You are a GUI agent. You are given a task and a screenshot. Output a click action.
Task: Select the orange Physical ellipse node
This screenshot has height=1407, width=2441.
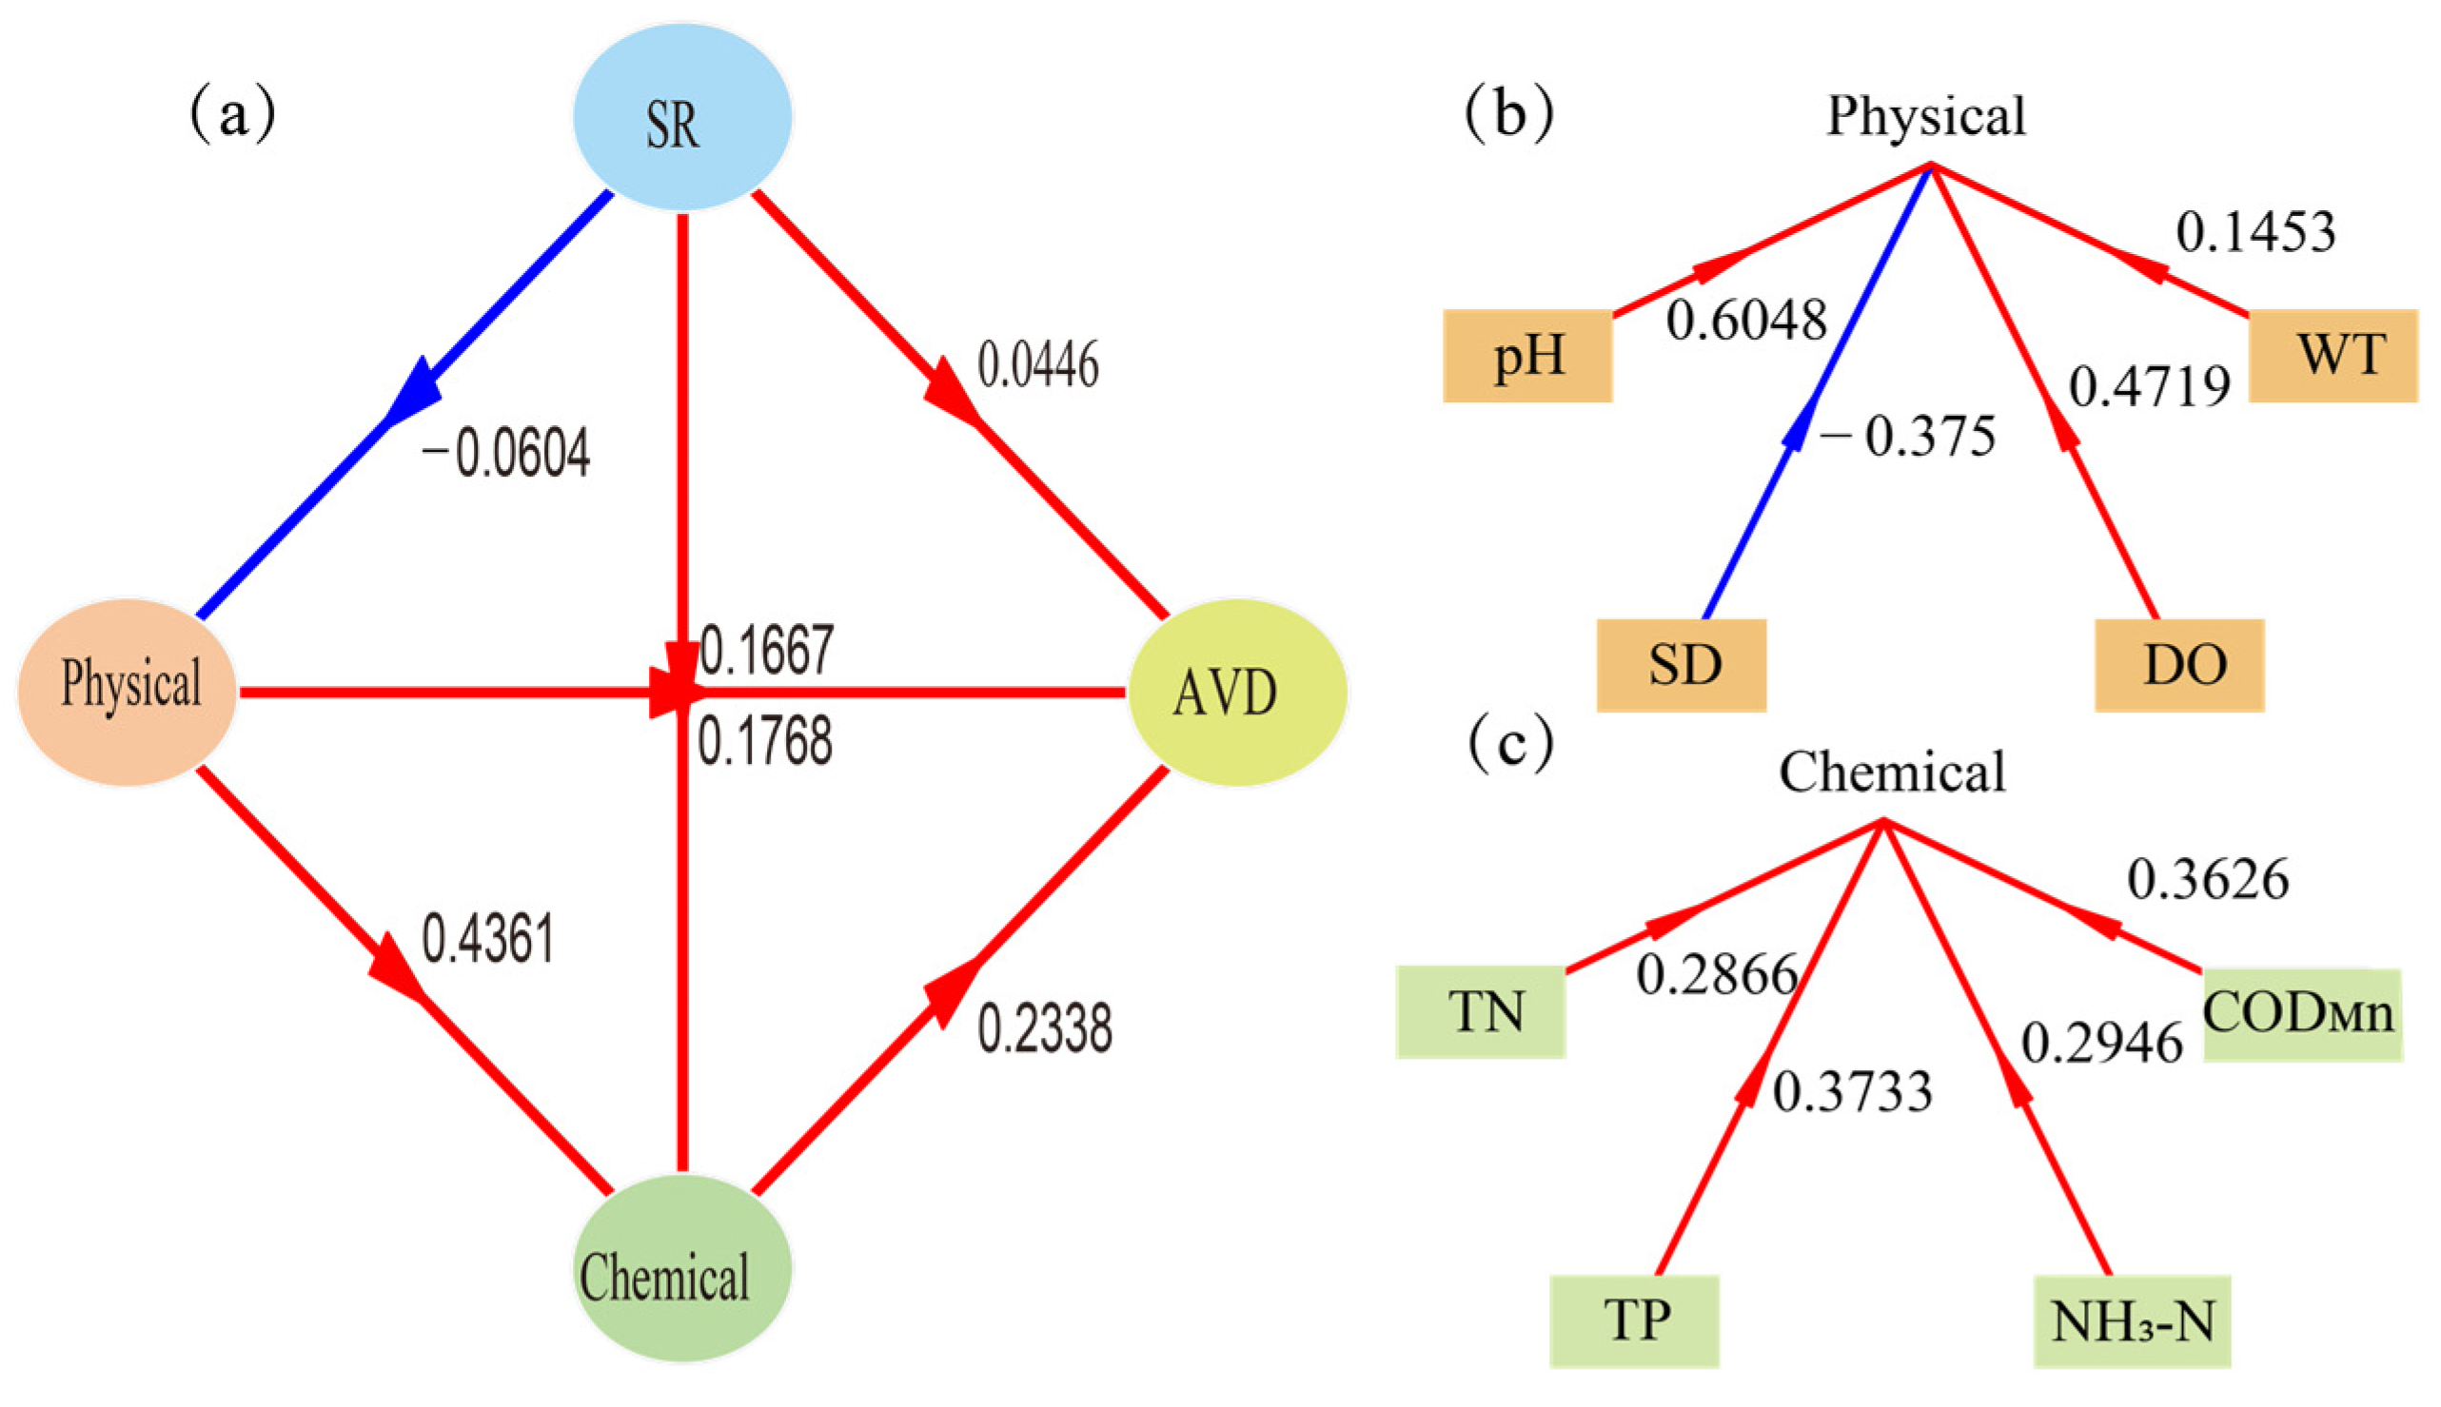(x=128, y=690)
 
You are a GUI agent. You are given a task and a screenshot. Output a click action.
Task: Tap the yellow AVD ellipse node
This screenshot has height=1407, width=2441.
(x=1236, y=692)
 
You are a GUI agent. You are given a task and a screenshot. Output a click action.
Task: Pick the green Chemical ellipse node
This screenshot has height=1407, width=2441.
(x=681, y=1268)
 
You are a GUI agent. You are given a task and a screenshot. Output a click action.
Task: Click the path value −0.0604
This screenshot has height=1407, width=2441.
(x=504, y=454)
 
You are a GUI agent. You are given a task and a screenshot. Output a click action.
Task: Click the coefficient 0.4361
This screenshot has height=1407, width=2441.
(x=488, y=939)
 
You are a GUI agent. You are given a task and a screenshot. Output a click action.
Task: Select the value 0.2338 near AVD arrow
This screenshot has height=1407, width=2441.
(x=1044, y=1028)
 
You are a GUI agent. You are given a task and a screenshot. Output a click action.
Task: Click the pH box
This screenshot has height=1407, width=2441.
(x=1527, y=356)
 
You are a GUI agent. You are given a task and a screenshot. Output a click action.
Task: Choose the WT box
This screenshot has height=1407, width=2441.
(x=2332, y=356)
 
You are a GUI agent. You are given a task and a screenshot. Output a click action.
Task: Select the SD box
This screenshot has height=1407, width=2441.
(x=1682, y=665)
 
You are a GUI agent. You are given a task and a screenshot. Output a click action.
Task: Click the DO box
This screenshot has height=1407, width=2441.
(x=2179, y=665)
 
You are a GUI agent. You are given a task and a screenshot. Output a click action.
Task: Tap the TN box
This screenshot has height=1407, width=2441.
(x=1480, y=1013)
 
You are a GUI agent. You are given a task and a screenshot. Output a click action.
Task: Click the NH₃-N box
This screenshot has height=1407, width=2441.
(x=2131, y=1322)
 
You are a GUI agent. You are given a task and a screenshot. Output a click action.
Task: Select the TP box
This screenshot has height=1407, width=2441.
(x=1634, y=1321)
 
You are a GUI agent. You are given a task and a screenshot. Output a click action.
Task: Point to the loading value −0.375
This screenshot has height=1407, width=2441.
(x=1906, y=437)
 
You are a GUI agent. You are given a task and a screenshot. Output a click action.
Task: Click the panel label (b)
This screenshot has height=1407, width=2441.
(x=1509, y=114)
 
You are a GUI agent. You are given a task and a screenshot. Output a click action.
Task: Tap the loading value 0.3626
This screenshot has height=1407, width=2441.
(x=2207, y=879)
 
